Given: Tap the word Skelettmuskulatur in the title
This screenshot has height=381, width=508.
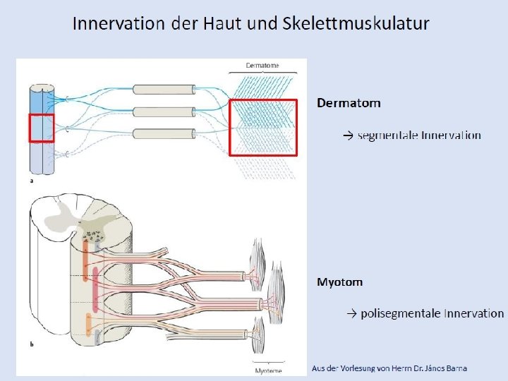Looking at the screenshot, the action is pos(356,23).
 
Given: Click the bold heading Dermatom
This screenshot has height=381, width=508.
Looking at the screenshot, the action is pos(349,103).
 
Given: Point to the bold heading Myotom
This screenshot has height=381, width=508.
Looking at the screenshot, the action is pos(340,282).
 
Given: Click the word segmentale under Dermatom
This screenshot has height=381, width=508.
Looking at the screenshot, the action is pos(387,135).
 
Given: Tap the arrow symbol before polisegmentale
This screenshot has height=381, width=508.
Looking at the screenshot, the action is pos(351,313).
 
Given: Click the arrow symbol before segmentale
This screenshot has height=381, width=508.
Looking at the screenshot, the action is pos(349,135).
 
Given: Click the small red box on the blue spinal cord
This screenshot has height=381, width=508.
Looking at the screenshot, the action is pos(41,128).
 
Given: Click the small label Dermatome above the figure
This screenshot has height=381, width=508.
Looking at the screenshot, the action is pos(262,66).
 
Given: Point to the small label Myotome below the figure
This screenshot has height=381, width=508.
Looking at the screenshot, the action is pos(267,370).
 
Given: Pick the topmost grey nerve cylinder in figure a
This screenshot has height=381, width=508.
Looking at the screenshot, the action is pos(163,90).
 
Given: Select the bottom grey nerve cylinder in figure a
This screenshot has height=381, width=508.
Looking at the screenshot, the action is pos(163,134).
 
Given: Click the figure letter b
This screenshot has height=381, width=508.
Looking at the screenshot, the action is pos(32,345).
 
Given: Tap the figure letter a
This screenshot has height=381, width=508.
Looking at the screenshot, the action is pos(31,181).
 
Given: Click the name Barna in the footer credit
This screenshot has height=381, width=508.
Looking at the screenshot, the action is pos(454,368).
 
